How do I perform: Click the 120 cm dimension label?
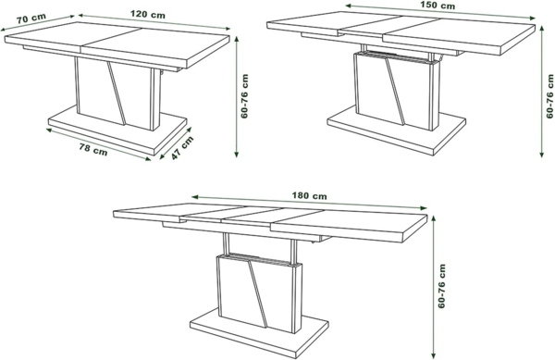(141, 15)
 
